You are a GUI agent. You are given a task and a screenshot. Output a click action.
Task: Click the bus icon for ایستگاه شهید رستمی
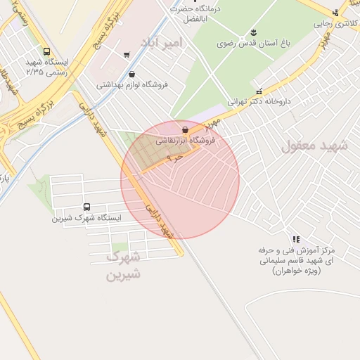pos(46,51)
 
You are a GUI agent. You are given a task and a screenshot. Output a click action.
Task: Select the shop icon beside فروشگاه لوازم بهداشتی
pos(131,74)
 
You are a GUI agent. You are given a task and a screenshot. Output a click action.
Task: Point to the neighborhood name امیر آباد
pos(162,43)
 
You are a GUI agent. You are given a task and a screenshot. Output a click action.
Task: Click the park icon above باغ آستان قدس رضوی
pos(253,32)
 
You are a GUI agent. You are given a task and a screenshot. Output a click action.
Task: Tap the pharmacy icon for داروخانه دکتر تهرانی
pos(260,91)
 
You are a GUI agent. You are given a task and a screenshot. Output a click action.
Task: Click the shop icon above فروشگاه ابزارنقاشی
pos(185,129)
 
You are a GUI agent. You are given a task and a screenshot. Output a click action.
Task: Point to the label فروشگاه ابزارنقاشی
pos(185,141)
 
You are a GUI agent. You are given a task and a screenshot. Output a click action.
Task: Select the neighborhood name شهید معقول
pos(315,146)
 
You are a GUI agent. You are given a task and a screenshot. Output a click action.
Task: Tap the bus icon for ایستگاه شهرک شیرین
pos(86,207)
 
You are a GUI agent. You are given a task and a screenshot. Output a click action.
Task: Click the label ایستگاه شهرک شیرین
pos(86,218)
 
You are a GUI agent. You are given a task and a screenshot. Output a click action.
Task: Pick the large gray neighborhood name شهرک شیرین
pos(123,266)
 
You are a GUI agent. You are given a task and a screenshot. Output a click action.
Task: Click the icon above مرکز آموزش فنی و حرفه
pos(295,239)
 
